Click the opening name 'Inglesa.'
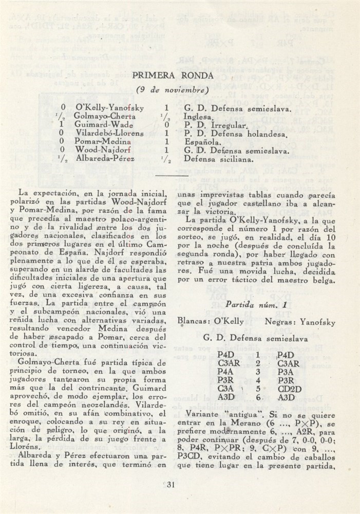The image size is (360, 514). pos(198,117)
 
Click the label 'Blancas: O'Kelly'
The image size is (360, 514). pos(207,322)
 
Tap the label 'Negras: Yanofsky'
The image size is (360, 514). pos(300,322)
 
